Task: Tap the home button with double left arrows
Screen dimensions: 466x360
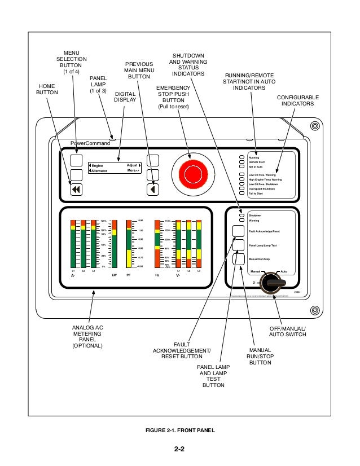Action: pos(77,190)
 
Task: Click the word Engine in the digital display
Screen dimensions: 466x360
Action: pos(99,165)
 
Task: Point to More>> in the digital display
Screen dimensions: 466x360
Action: pos(133,170)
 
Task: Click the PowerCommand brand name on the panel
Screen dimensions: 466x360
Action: pos(90,143)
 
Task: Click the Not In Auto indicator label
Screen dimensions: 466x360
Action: pos(256,167)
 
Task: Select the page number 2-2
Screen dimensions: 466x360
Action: pos(179,450)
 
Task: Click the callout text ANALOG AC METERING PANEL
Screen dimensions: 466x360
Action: pos(87,336)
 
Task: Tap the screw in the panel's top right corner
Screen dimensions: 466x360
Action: pos(314,125)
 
